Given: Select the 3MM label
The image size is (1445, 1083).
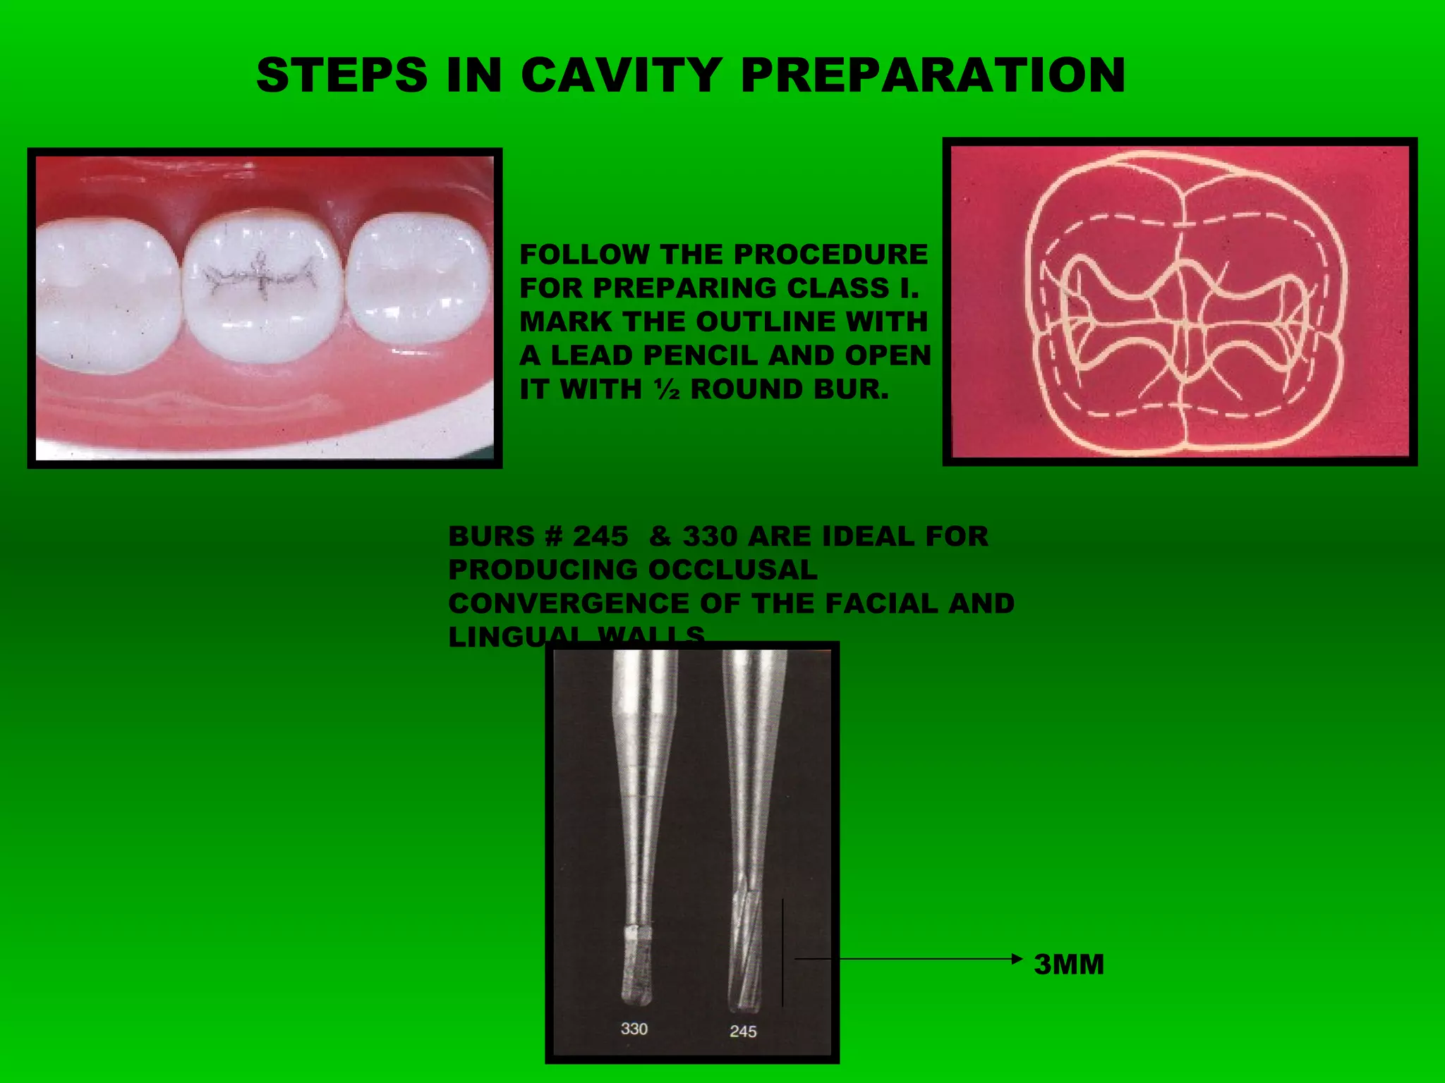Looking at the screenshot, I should [x=1068, y=965].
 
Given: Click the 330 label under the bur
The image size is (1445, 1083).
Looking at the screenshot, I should [x=634, y=1029].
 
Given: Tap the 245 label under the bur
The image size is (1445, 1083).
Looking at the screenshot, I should [x=743, y=1032].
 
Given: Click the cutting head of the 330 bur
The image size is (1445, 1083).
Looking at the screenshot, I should [x=637, y=966].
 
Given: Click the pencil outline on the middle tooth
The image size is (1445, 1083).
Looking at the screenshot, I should [x=260, y=276].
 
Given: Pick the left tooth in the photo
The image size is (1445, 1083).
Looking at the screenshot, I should [x=106, y=293].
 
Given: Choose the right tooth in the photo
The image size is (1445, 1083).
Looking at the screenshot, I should [x=418, y=279].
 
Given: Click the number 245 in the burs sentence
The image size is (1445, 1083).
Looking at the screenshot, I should [x=600, y=537].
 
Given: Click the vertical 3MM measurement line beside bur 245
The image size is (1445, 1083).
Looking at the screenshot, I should [x=782, y=952].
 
